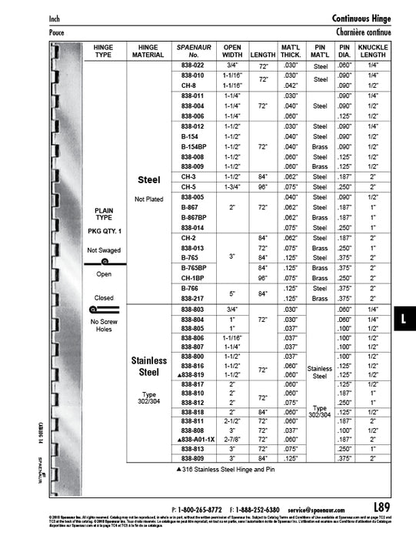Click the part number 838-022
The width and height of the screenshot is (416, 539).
[x=192, y=67]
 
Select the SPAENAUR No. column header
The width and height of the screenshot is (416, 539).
[x=192, y=51]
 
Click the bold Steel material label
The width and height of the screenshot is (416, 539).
[x=148, y=180]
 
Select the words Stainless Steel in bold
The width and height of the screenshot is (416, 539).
[x=148, y=366]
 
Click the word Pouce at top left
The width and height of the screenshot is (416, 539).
[x=56, y=33]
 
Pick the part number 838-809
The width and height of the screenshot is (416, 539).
[x=192, y=457]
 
